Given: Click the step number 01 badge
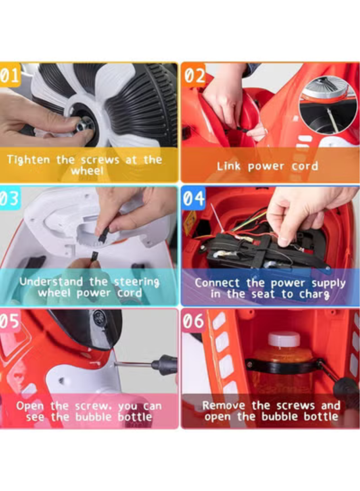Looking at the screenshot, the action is (x=10, y=75).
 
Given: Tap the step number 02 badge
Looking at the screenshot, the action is (x=193, y=75).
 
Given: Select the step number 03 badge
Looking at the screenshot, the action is (x=10, y=198).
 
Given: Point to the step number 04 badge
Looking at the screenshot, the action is (x=193, y=198).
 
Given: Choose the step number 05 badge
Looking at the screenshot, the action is (x=10, y=321).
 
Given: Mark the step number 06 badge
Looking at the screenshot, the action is (x=193, y=321).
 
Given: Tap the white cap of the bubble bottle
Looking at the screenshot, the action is (x=284, y=339).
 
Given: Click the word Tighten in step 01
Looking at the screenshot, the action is (x=29, y=159).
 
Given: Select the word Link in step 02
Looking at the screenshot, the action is (x=228, y=166).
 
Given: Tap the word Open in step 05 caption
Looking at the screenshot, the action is (x=30, y=406).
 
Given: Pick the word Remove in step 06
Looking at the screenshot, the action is (x=224, y=405).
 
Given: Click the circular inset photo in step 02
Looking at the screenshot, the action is (x=328, y=105).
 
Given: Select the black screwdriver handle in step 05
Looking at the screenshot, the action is (x=164, y=365).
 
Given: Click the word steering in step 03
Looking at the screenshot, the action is (x=137, y=282).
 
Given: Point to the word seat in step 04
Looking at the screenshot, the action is (x=263, y=294).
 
